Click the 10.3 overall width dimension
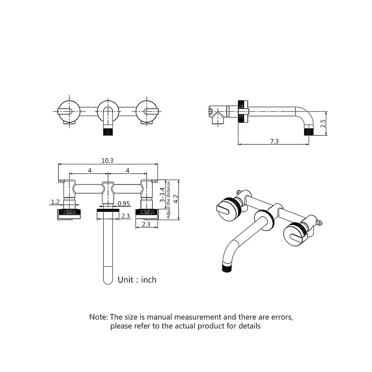pos(107,160)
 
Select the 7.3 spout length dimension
pos(274,141)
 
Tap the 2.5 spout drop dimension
pos(323,124)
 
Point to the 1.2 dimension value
pos(55,202)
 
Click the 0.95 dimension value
pos(124,204)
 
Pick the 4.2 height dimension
pos(176,199)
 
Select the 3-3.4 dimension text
pos(162,194)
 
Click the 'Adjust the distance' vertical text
pos(168,200)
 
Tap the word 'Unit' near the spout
pos(126,280)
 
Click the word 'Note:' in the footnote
pos(99,317)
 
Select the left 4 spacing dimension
pos(90,170)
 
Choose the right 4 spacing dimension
pos(127,170)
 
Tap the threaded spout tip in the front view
pos(108,132)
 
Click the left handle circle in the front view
pos(68,111)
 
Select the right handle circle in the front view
pos(146,111)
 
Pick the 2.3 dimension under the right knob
pos(146,225)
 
